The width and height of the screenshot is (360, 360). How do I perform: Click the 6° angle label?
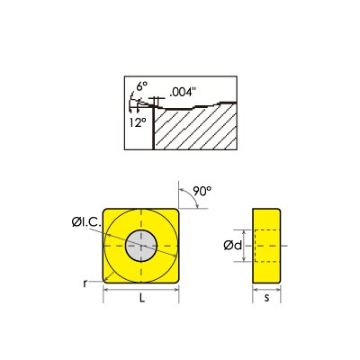click(x=141, y=87)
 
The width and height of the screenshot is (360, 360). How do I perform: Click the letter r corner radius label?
click(x=85, y=282)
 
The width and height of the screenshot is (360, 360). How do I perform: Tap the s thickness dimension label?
click(x=265, y=295)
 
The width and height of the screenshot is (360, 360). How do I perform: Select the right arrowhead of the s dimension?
click(x=276, y=289)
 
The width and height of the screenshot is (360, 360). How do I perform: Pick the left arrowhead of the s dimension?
click(x=255, y=289)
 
